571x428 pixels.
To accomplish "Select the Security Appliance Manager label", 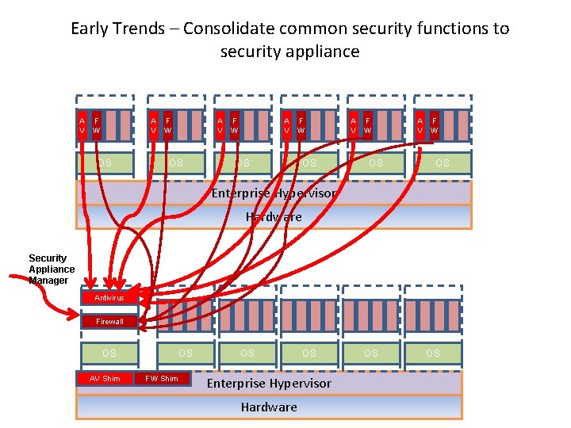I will pos(51,269).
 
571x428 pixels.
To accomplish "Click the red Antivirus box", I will pos(109,298).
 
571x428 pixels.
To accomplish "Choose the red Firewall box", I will pos(109,322).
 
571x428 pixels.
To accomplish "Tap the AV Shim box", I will pos(105,378).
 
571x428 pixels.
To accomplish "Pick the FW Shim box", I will pos(163,378).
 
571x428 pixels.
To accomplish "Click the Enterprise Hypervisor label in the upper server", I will pos(274,193).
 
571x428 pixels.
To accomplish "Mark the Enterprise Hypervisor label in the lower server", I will pos(269,384).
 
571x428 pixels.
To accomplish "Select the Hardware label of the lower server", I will pos(269,407).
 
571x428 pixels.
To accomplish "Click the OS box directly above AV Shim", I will pos(109,353).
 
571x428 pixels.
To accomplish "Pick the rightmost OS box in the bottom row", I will pos(432,353).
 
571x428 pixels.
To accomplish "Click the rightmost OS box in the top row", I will pos(442,163).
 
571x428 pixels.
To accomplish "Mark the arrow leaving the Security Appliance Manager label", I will pos(48,281).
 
